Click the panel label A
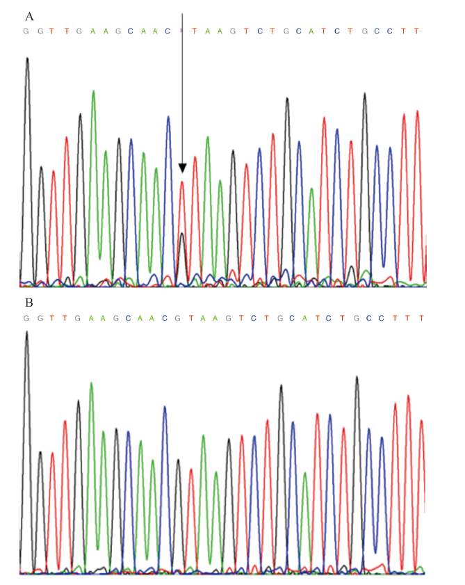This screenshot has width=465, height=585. click(x=28, y=15)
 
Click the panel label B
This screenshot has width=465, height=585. click(x=28, y=303)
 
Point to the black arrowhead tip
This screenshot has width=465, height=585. click(x=182, y=171)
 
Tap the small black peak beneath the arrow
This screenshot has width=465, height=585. click(x=181, y=234)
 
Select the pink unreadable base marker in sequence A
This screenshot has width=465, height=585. click(x=181, y=31)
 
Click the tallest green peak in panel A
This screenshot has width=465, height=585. click(x=93, y=92)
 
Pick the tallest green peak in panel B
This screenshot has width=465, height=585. click(x=91, y=384)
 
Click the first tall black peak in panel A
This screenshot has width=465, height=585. click(x=27, y=59)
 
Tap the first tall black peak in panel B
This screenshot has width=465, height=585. click(x=26, y=332)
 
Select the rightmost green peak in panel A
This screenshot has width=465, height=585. click(x=311, y=189)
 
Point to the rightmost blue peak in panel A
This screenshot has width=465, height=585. click(x=390, y=147)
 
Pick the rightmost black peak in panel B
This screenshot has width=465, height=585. click(x=357, y=378)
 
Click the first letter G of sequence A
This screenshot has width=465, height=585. click(x=26, y=31)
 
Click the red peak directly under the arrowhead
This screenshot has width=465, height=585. click(x=182, y=183)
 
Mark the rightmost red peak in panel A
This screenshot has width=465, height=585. click(x=417, y=111)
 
